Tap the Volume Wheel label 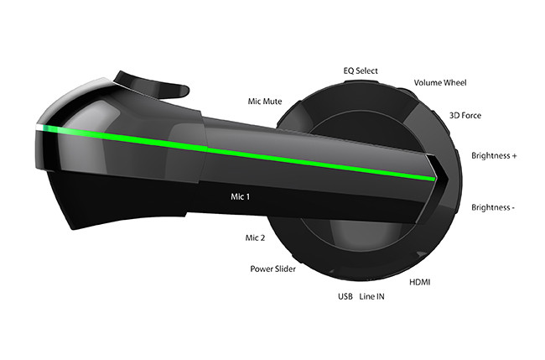pyautogui.click(x=440, y=82)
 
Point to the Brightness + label pyautogui.click(x=494, y=155)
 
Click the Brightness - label pyautogui.click(x=493, y=207)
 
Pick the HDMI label pyautogui.click(x=420, y=283)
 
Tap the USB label pyautogui.click(x=345, y=297)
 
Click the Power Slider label pyautogui.click(x=272, y=269)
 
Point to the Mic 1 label pyautogui.click(x=241, y=197)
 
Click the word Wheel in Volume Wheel pyautogui.click(x=454, y=82)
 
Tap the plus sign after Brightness pyautogui.click(x=513, y=155)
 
